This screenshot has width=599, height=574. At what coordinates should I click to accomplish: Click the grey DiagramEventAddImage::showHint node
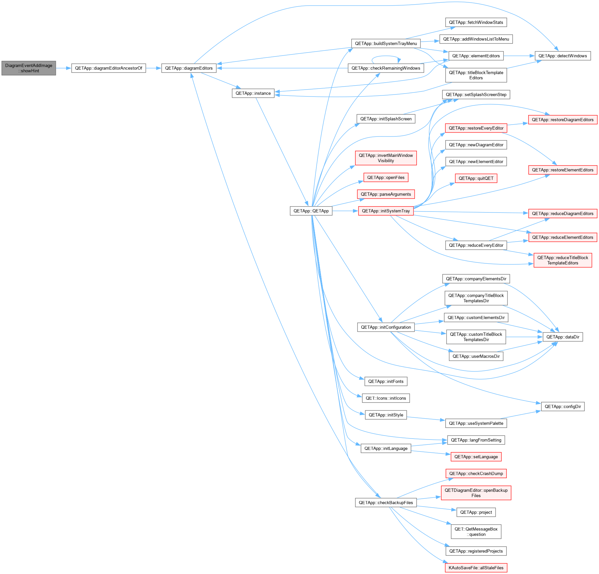click(29, 68)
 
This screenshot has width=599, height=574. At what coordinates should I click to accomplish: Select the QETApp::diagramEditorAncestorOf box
click(108, 68)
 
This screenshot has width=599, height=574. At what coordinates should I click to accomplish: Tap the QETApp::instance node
click(253, 93)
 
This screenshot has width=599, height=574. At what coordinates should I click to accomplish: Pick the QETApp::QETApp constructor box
click(311, 211)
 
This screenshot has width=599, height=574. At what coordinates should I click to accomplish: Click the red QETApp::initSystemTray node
click(386, 211)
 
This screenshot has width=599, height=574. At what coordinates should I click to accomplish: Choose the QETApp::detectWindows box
click(563, 56)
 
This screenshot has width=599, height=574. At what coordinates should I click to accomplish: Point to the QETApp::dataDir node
click(563, 337)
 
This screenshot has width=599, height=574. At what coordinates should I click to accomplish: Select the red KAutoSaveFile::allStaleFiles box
click(476, 568)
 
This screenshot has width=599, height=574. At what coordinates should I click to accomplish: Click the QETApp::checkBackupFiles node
click(386, 503)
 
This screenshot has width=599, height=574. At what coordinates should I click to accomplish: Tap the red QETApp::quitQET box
click(476, 178)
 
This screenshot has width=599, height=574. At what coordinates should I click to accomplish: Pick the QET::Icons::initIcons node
click(386, 398)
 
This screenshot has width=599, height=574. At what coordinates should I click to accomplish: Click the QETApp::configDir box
click(563, 406)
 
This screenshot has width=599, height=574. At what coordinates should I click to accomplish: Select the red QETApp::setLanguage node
click(476, 457)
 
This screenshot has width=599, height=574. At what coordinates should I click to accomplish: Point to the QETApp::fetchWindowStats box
click(476, 22)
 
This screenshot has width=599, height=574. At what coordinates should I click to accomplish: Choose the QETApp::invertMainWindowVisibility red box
click(386, 158)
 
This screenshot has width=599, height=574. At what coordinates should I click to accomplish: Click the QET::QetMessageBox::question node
click(476, 532)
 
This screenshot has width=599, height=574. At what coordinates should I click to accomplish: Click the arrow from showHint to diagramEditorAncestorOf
click(64, 68)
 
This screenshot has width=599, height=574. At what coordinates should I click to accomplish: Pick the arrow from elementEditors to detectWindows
click(519, 56)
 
